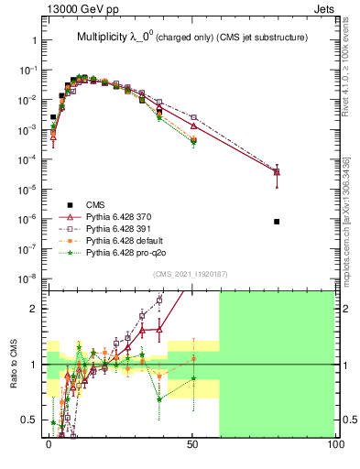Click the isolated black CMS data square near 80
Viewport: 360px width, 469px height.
tap(277, 222)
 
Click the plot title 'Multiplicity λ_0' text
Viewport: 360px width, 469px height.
tap(123, 38)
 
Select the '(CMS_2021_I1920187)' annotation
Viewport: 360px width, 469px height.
tap(191, 273)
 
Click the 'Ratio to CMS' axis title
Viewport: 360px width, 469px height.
tap(15, 364)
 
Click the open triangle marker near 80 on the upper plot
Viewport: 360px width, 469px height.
tap(277, 171)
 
